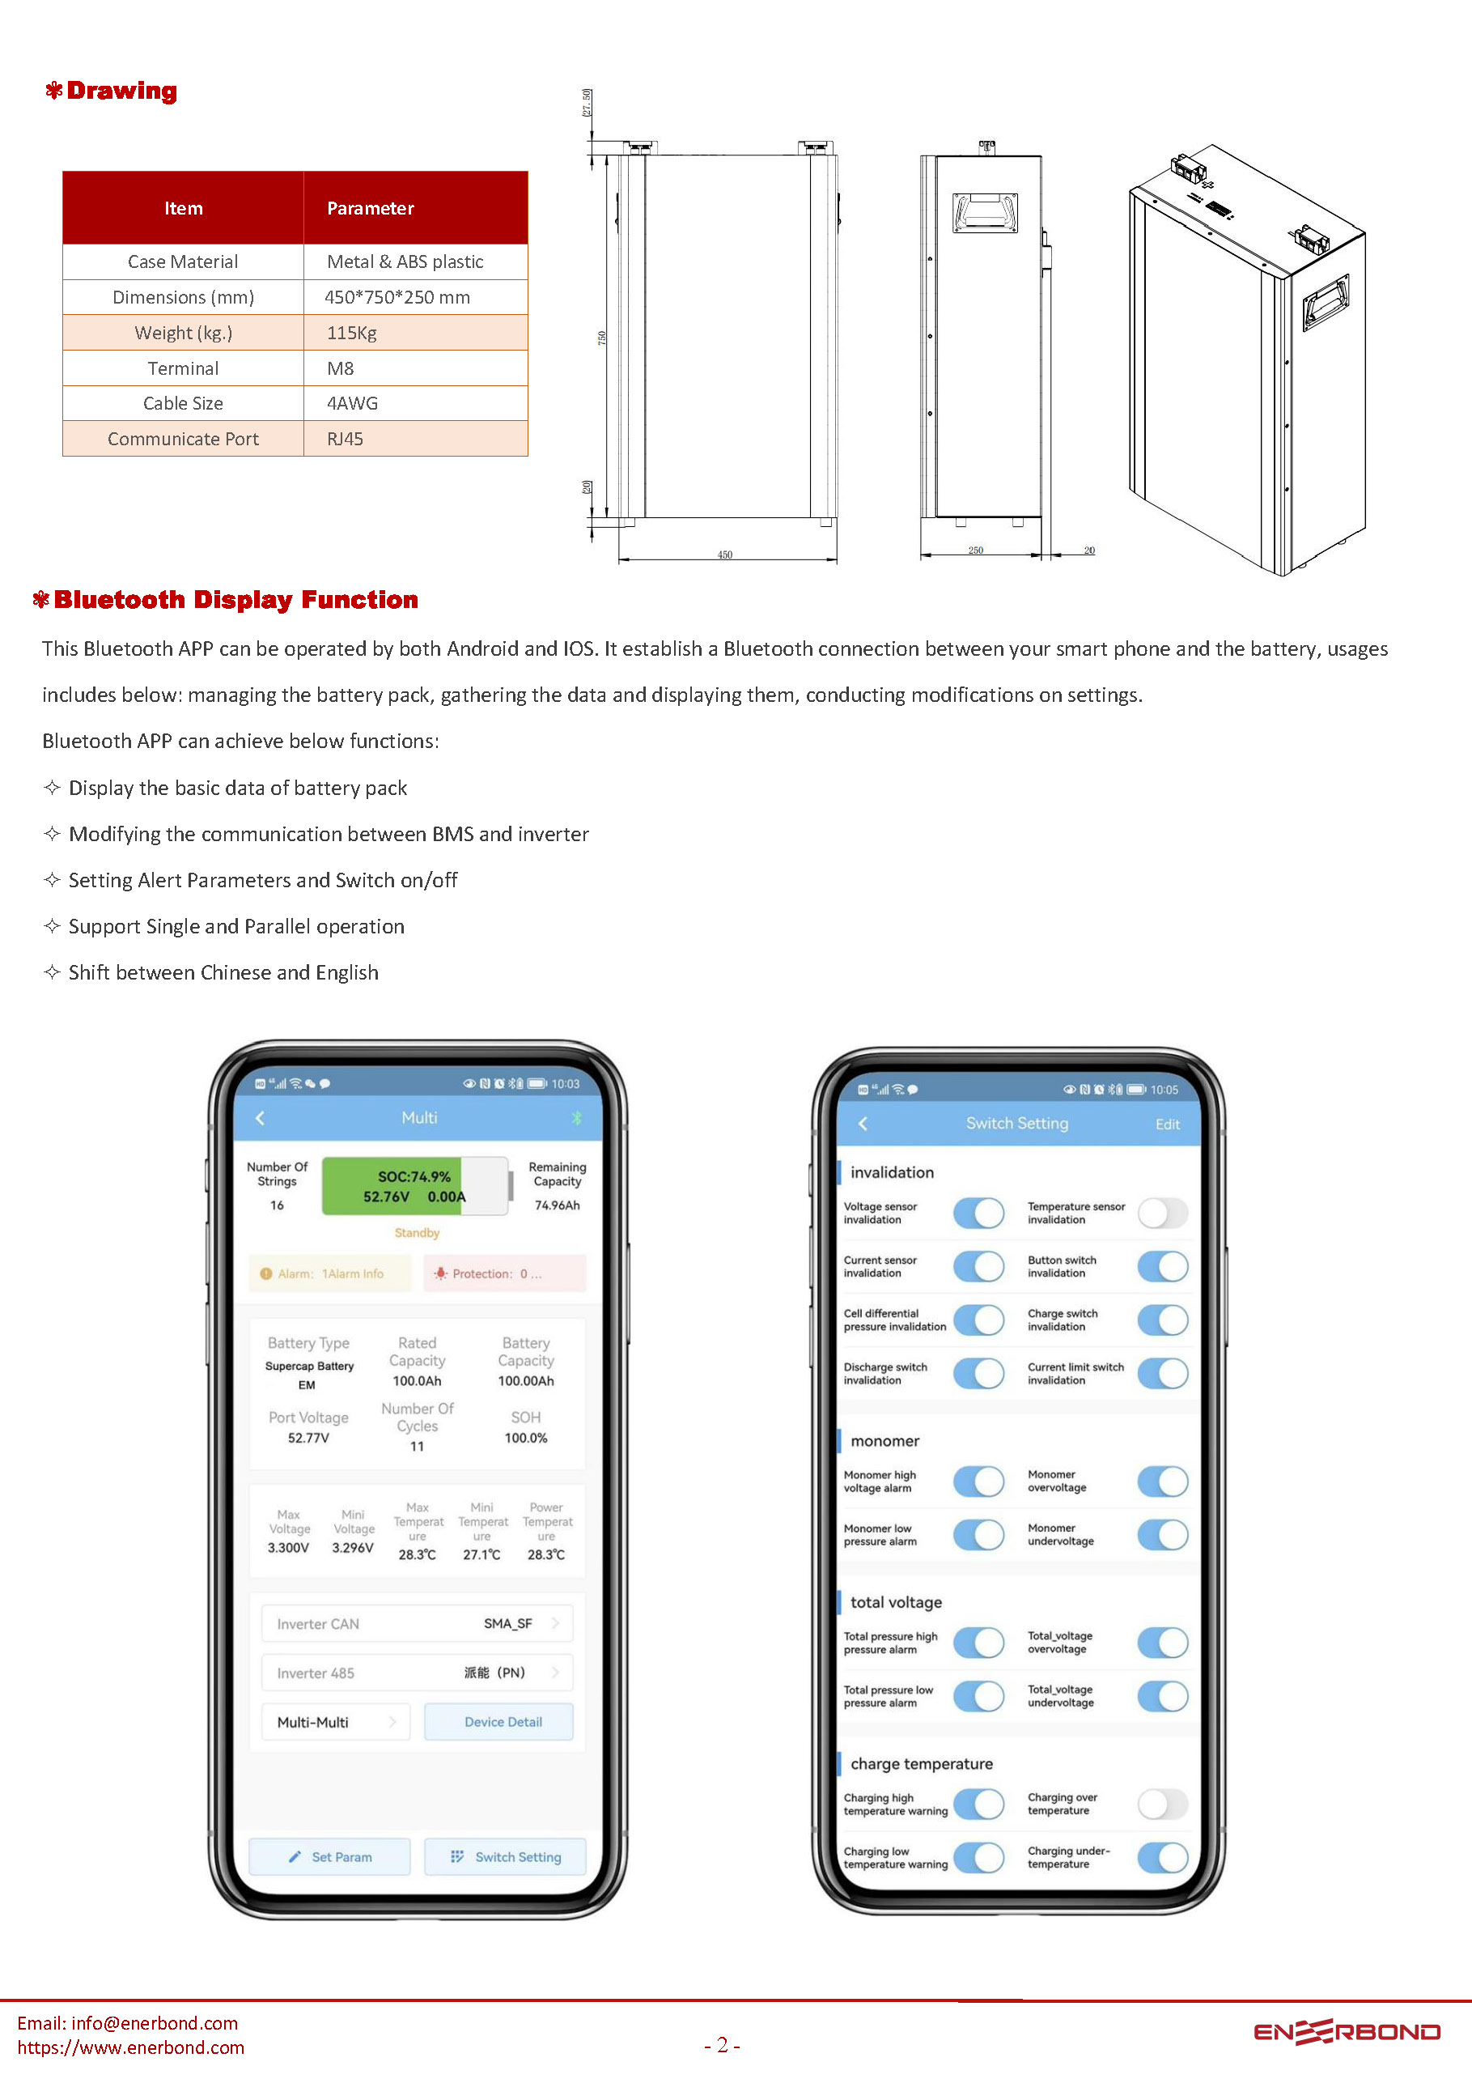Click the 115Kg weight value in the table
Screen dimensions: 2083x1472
pos(352,333)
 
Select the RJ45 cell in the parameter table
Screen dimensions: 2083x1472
pos(345,439)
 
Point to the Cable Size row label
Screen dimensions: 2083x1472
pos(183,404)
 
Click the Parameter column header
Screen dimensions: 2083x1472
pos(370,209)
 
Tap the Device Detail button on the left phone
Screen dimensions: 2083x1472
pos(503,1722)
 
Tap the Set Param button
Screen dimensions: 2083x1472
pos(330,1857)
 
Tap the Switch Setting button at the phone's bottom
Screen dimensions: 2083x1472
pos(506,1857)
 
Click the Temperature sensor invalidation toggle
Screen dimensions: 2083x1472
pos(1163,1213)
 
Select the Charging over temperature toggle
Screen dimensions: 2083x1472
pos(1163,1804)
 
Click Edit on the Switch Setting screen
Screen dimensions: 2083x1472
pos(1167,1124)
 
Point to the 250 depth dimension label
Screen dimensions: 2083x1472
pos(976,550)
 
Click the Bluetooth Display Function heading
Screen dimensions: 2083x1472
pos(235,600)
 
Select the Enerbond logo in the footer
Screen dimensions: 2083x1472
pos(1347,2032)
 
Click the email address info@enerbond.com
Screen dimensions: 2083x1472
pos(155,2023)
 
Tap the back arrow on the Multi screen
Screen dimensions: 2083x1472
pos(261,1118)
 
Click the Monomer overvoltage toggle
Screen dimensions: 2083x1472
pos(1163,1481)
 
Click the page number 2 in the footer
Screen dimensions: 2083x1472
pos(723,2045)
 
